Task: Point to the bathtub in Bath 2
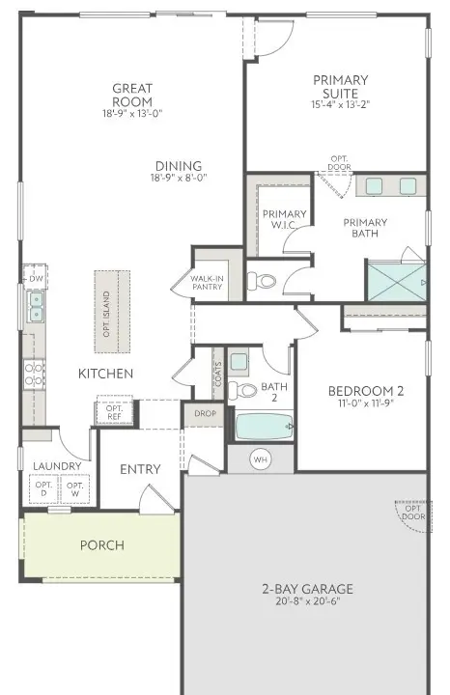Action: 264,426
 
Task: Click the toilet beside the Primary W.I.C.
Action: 262,282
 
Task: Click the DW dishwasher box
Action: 35,278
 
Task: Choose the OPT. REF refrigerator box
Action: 114,412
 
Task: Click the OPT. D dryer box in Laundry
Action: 44,488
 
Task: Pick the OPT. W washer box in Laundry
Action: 75,488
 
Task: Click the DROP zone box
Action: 205,413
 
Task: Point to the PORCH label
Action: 101,545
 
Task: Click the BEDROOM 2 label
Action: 365,391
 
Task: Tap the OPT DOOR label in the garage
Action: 412,513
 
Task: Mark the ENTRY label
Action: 140,469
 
